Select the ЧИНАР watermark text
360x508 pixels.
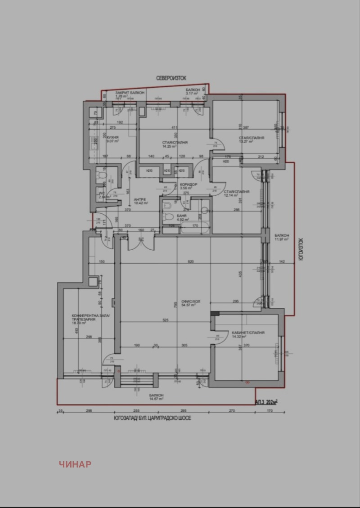(x=75, y=464)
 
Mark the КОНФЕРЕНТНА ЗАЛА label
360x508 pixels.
(x=93, y=315)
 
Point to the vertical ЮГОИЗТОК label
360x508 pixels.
(x=301, y=249)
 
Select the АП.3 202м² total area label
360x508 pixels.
(x=266, y=401)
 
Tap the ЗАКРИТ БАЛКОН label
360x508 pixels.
(x=130, y=92)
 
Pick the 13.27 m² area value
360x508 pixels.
(x=246, y=141)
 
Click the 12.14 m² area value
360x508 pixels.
(x=230, y=196)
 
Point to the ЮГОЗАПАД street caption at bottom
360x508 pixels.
(x=153, y=418)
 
